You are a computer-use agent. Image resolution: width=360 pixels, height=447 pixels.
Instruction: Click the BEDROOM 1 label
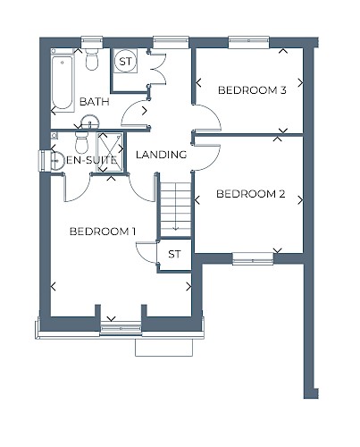(x=103, y=232)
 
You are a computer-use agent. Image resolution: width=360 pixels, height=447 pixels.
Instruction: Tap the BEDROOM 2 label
(x=250, y=194)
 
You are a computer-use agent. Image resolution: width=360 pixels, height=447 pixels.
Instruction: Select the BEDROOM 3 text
(x=252, y=90)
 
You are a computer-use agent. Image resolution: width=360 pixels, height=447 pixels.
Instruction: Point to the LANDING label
(x=161, y=155)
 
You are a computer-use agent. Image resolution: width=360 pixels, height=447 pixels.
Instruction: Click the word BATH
(x=95, y=102)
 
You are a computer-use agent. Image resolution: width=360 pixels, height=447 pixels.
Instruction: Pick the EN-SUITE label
(x=91, y=160)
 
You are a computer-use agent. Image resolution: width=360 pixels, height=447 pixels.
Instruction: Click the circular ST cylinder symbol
(x=125, y=62)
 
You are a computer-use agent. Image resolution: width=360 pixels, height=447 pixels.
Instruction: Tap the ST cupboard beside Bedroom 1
(x=174, y=254)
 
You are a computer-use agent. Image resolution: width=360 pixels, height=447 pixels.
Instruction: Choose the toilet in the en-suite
(x=81, y=142)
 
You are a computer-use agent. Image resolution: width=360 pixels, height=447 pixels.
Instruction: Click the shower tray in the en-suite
(x=110, y=152)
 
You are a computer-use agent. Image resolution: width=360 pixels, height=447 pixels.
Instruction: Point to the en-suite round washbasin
(x=57, y=161)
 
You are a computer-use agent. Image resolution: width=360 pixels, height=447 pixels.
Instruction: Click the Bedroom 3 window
(x=249, y=42)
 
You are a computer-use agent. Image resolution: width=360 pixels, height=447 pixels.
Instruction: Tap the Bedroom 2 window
(x=253, y=258)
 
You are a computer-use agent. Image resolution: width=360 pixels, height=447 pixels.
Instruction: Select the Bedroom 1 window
(x=121, y=328)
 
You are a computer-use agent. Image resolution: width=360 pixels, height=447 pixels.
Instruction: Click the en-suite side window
(x=44, y=161)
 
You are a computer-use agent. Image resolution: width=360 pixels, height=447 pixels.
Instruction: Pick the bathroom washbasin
(x=90, y=122)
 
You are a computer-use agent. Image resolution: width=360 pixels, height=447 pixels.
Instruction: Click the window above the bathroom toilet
(x=92, y=42)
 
